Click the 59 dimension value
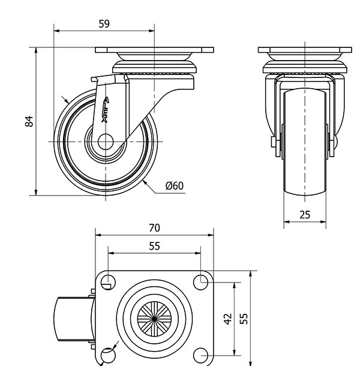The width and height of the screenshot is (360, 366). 104,24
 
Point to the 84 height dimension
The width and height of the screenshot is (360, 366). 29,121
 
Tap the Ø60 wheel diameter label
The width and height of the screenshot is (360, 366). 174,186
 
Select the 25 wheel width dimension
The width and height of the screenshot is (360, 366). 305,215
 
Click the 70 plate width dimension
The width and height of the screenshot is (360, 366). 154,228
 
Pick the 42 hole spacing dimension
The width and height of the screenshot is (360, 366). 227,317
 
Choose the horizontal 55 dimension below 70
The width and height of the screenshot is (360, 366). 154,245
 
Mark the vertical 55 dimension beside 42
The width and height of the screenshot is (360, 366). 244,317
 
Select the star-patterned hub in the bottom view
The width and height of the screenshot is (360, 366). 154,317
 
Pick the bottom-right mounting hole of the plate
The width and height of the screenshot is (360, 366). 200,354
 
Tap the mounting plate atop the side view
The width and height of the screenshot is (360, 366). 155,50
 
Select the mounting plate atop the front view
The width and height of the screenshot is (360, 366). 305,50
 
